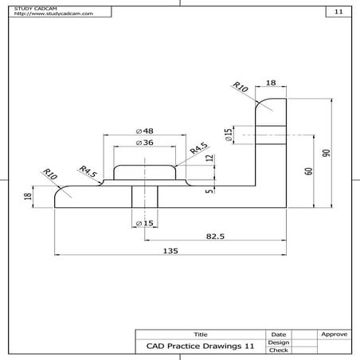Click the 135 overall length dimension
[169, 250]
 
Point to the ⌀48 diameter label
[144, 131]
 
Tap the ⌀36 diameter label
[144, 143]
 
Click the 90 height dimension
[325, 151]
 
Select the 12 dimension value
[209, 158]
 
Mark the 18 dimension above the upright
[271, 83]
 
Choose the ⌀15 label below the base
[144, 222]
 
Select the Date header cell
[279, 334]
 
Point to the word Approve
[333, 334]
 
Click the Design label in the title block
[279, 342]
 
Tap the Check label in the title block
[279, 350]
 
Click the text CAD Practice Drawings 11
[201, 346]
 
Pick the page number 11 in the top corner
[338, 12]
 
